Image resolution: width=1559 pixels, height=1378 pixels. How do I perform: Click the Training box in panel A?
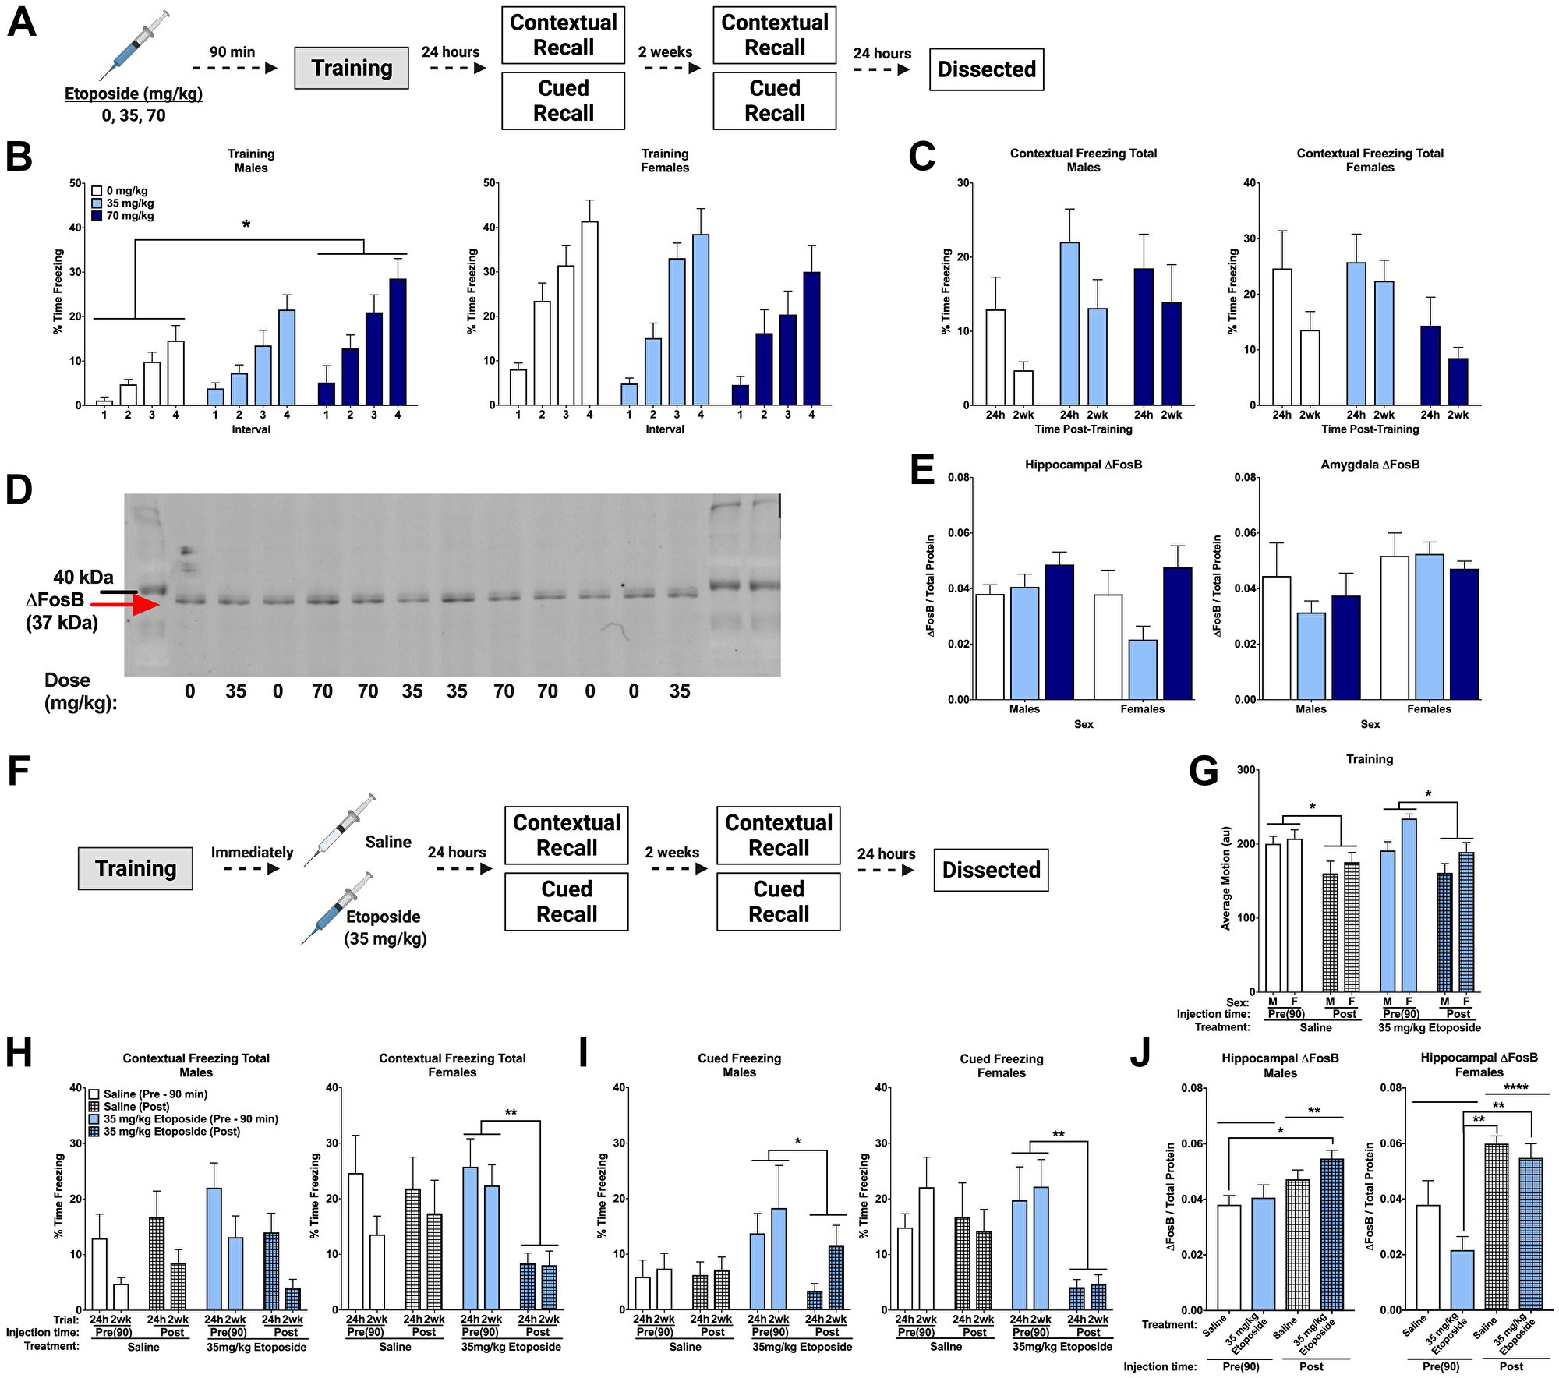click(352, 69)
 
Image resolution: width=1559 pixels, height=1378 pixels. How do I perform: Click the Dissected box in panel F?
click(991, 870)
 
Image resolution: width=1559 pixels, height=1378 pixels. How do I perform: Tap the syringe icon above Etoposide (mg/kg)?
click(134, 47)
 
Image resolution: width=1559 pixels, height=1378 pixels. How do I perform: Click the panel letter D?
click(19, 490)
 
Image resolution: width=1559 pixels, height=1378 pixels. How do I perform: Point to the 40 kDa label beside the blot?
click(83, 577)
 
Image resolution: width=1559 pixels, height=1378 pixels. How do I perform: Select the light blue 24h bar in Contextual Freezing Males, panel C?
click(1069, 323)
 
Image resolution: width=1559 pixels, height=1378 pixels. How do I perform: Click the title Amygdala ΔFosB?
click(1370, 465)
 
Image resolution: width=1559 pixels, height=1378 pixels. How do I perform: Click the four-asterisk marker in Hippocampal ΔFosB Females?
click(1516, 1087)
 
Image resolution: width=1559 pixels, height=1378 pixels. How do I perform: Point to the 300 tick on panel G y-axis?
click(1246, 770)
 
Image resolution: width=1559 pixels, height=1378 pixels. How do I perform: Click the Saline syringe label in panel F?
click(387, 842)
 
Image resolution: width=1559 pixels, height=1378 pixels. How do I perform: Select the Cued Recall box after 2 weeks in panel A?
click(774, 101)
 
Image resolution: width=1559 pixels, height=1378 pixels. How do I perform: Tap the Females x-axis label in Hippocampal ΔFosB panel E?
click(1142, 708)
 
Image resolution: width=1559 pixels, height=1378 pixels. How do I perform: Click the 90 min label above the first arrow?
click(232, 52)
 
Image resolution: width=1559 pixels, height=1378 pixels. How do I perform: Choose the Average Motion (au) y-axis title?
click(1225, 878)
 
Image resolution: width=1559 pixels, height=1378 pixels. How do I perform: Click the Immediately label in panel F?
click(252, 852)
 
